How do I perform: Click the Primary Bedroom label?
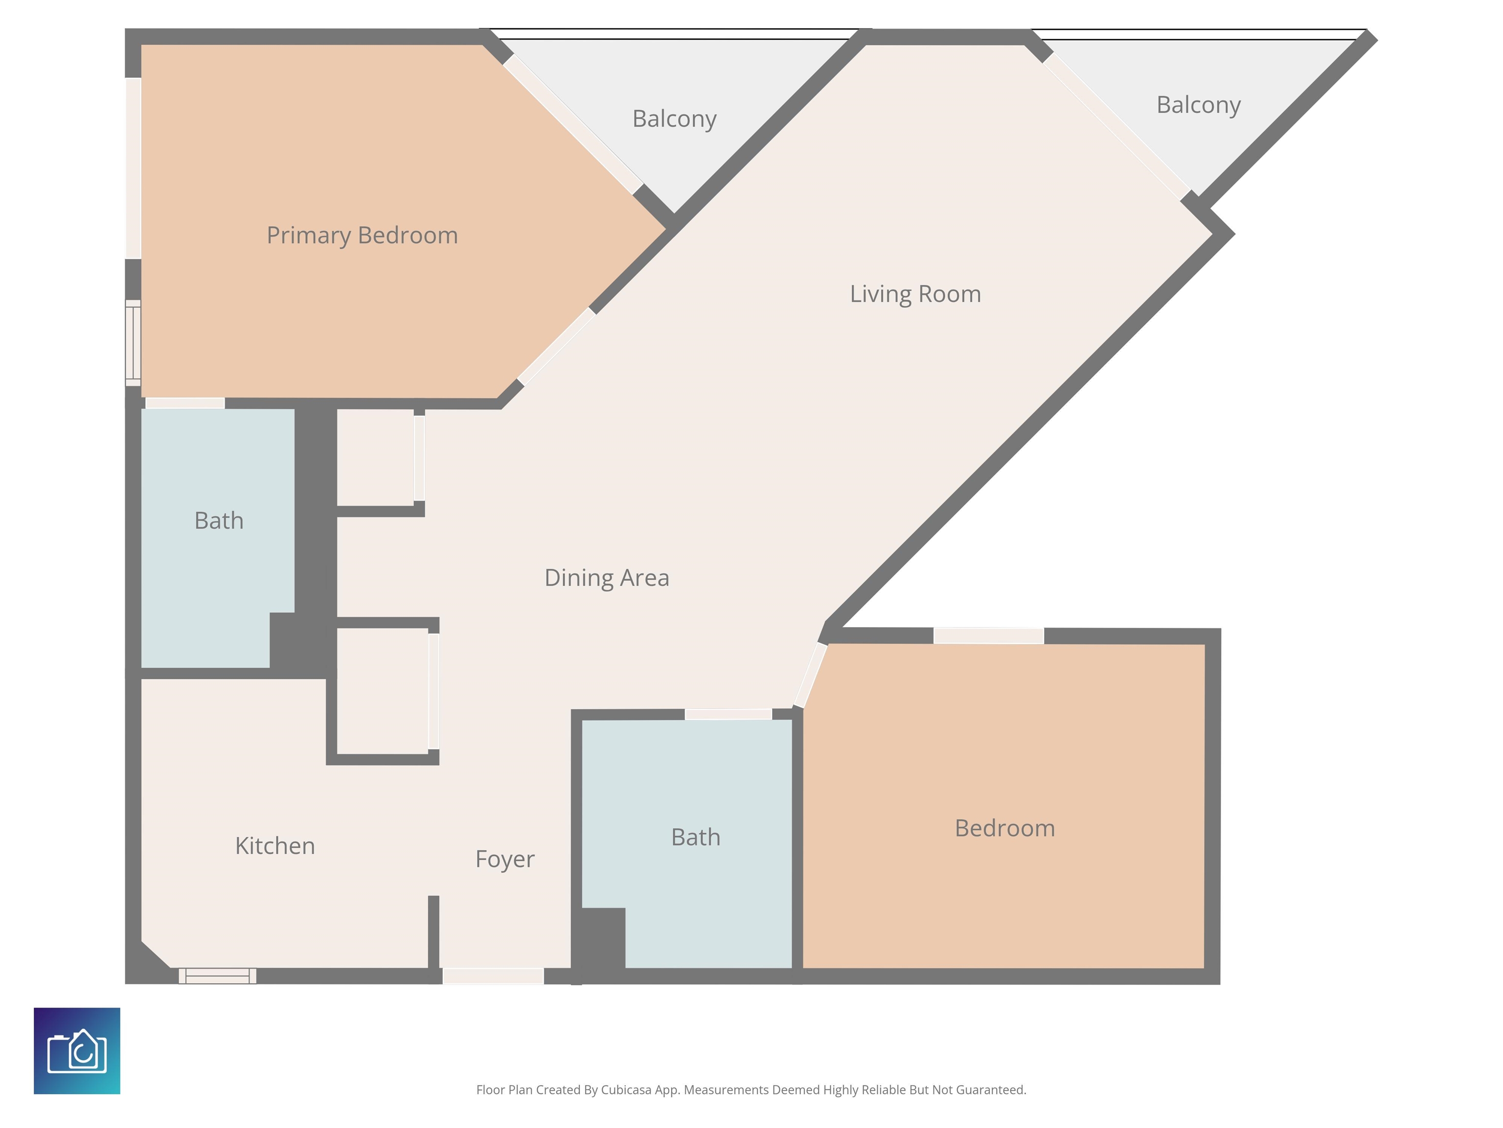coord(362,236)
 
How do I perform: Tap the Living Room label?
coord(915,294)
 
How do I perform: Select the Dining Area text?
coord(607,577)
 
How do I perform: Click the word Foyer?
coord(505,859)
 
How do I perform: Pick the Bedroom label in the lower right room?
coord(1005,828)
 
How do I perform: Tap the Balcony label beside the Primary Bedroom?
coord(674,119)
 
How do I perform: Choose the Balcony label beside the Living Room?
coord(1199,105)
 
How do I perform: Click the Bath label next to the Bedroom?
coord(696,837)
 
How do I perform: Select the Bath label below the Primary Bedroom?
coord(219,521)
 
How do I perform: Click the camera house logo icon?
coord(77,1051)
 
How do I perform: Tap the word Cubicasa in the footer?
coord(626,1090)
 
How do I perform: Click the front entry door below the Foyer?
coord(493,976)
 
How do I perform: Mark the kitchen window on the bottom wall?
coord(217,976)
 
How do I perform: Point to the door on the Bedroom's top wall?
coord(989,636)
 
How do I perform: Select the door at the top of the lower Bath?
coord(729,714)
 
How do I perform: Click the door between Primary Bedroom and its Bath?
coord(185,403)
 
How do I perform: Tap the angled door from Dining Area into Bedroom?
coord(811,675)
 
